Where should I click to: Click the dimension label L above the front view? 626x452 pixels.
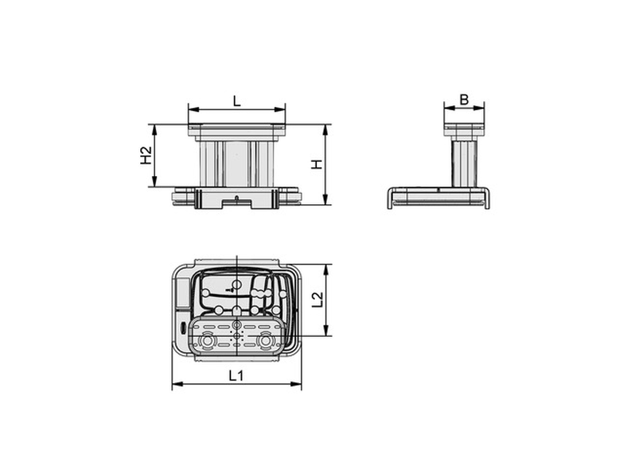237,101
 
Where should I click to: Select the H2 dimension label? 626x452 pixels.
147,155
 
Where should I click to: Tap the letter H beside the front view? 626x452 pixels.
316,164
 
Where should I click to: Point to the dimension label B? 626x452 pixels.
464,99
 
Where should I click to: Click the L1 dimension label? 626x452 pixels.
237,376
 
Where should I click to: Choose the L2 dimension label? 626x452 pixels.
317,299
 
